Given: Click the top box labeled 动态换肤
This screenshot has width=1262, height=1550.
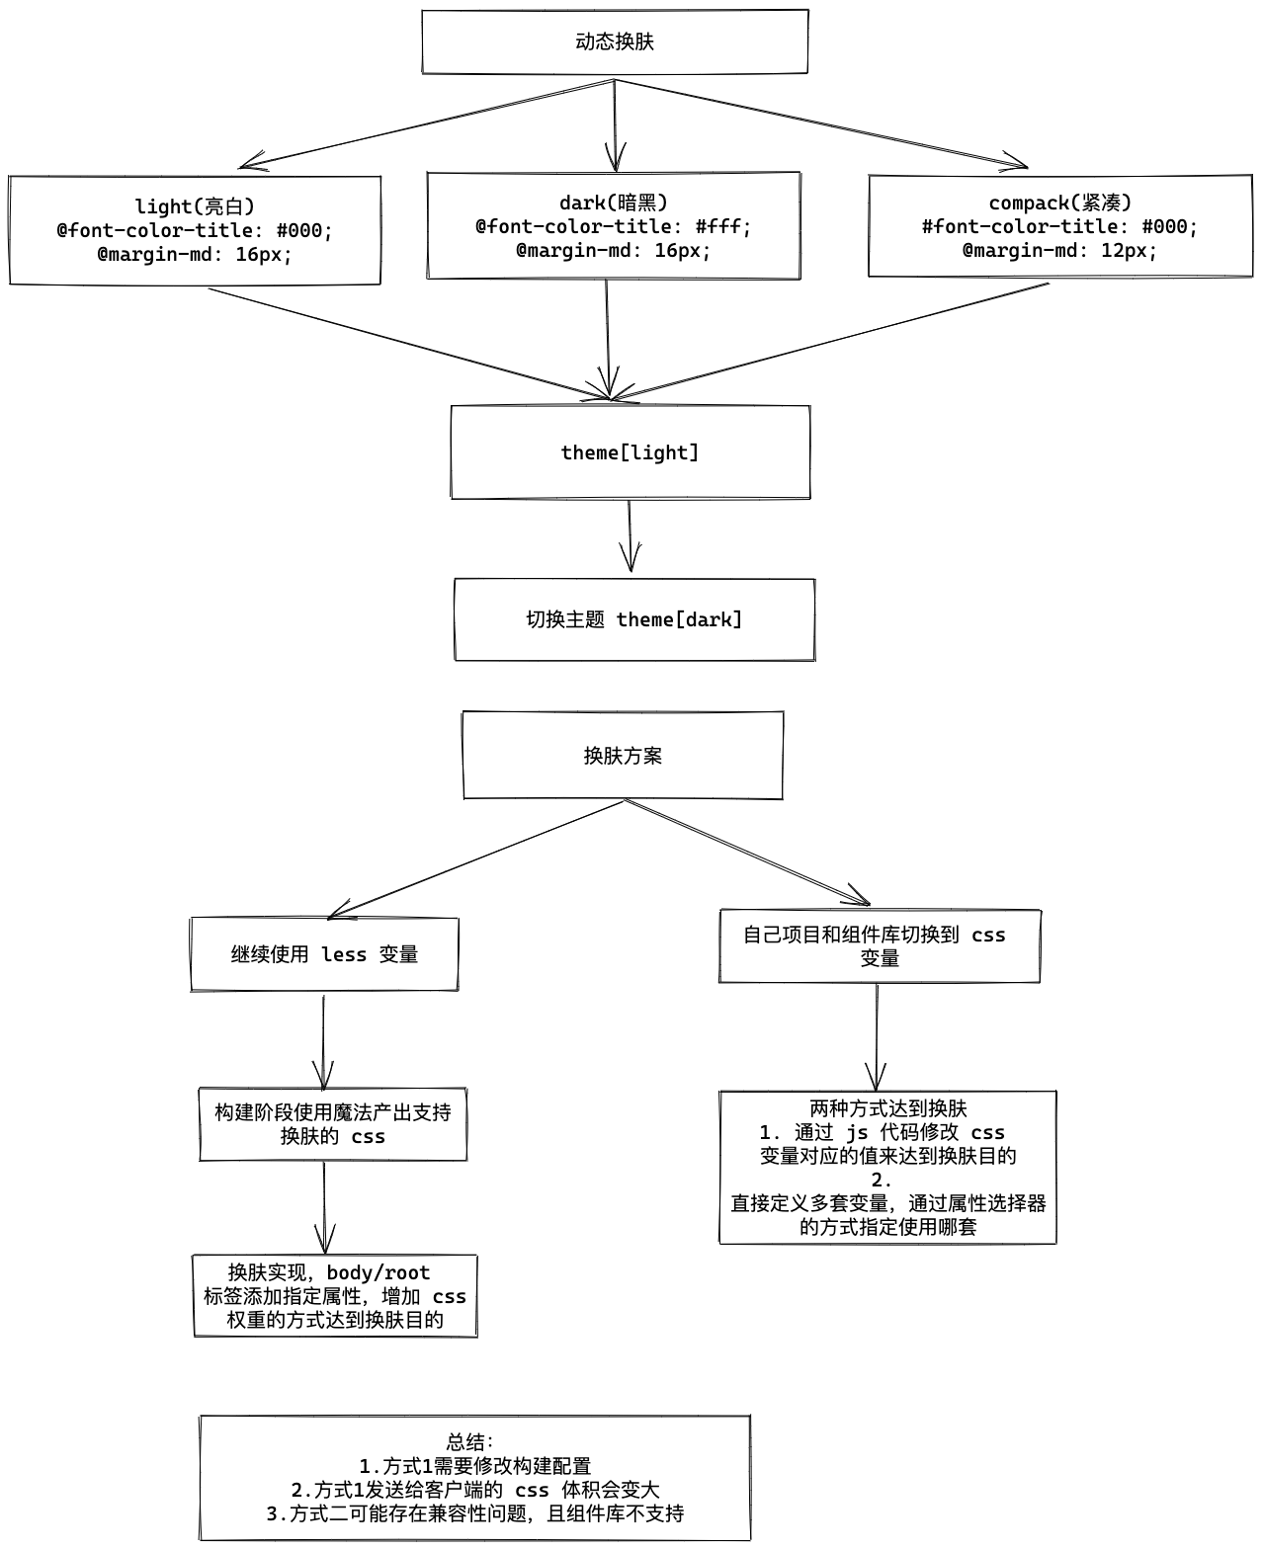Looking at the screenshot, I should click(x=615, y=41).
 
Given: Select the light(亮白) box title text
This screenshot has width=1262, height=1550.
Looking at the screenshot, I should click(x=195, y=206).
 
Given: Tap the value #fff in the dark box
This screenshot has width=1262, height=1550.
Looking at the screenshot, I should click(x=723, y=226).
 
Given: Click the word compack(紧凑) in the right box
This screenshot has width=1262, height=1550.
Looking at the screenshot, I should click(x=1059, y=203).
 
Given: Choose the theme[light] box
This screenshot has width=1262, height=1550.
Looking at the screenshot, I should click(x=631, y=452).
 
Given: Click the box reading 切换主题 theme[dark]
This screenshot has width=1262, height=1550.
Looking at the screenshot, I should click(x=634, y=619).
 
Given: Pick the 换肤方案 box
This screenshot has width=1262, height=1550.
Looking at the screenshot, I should click(x=623, y=756).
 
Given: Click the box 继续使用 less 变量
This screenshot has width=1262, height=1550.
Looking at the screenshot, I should click(x=324, y=954).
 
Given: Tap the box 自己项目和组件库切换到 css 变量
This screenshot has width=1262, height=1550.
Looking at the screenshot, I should click(x=879, y=946).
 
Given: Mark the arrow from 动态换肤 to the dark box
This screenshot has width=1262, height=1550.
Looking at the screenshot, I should click(x=616, y=123).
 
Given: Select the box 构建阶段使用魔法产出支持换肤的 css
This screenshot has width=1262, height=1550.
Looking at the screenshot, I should click(x=333, y=1124).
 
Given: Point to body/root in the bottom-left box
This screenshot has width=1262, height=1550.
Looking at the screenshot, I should click(x=379, y=1272).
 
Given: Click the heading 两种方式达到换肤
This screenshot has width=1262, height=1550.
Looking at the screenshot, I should click(x=887, y=1108).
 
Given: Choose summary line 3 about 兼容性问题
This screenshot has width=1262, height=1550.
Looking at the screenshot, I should click(x=475, y=1513).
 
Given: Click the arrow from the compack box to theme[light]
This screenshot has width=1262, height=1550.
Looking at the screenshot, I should click(x=830, y=342).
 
